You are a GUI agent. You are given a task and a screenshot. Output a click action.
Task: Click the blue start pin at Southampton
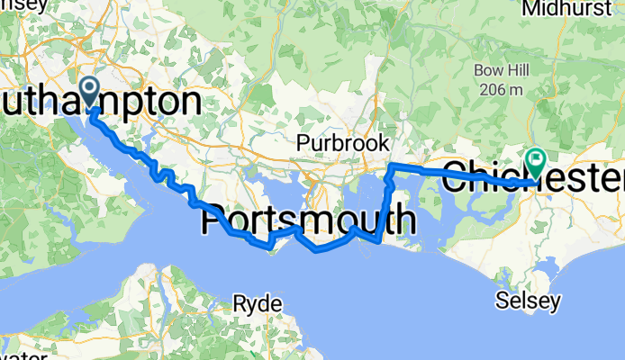[91, 89]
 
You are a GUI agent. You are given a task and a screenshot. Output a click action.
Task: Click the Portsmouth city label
[316, 220]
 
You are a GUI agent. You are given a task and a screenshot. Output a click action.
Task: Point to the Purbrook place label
[343, 142]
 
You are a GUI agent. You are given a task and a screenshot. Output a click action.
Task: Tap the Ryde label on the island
[258, 301]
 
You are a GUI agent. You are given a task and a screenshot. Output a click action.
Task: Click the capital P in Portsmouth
[225, 220]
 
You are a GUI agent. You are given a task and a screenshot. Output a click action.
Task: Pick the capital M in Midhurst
[527, 8]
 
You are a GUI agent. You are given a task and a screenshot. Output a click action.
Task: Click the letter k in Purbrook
[384, 142]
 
